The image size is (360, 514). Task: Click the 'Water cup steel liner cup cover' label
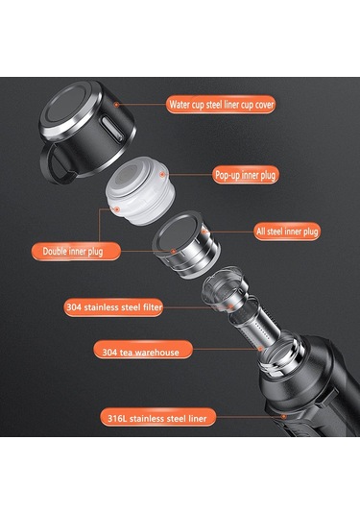tap(221, 105)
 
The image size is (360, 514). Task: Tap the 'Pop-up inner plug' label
tap(246, 175)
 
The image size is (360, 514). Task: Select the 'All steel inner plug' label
tap(287, 232)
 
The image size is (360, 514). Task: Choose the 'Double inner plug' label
tap(76, 252)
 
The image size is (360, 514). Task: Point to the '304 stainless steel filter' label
tap(113, 307)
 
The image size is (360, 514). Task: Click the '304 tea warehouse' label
tap(143, 350)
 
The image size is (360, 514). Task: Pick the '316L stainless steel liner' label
tap(157, 417)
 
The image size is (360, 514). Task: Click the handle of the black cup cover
tap(56, 164)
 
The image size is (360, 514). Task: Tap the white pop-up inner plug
tap(140, 191)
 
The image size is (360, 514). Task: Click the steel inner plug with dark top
tap(185, 244)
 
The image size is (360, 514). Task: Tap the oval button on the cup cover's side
tap(112, 128)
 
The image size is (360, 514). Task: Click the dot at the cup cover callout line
tap(116, 105)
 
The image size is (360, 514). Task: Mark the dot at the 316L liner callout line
tap(283, 416)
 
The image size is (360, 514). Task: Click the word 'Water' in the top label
tap(180, 105)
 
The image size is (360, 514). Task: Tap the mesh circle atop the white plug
tap(126, 177)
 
